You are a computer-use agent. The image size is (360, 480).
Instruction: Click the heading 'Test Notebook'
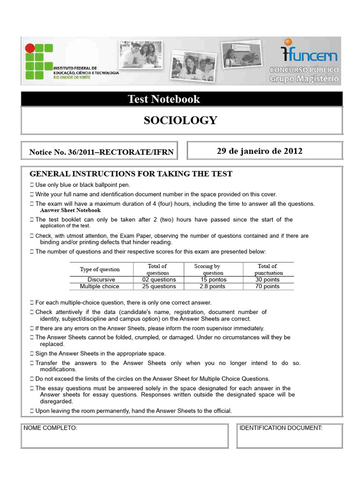click(x=164, y=99)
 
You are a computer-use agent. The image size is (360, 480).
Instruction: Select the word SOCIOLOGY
click(x=180, y=120)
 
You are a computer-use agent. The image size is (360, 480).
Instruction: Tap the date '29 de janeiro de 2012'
click(x=259, y=151)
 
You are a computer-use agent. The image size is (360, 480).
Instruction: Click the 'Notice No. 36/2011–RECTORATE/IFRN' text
click(x=101, y=152)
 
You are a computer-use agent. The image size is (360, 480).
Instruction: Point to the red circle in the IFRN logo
click(x=30, y=48)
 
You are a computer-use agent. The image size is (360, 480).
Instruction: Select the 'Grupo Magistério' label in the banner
click(x=304, y=79)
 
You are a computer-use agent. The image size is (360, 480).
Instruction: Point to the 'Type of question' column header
click(x=100, y=269)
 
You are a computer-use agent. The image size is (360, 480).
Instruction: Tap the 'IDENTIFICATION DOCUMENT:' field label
click(x=281, y=428)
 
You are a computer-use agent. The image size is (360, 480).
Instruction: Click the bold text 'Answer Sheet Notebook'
click(x=71, y=210)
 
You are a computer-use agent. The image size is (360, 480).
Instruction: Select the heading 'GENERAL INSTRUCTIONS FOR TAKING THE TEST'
click(x=131, y=174)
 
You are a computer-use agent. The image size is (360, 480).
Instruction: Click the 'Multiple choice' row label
click(x=99, y=286)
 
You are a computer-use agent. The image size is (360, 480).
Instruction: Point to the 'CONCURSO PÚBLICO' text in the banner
click(x=304, y=70)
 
